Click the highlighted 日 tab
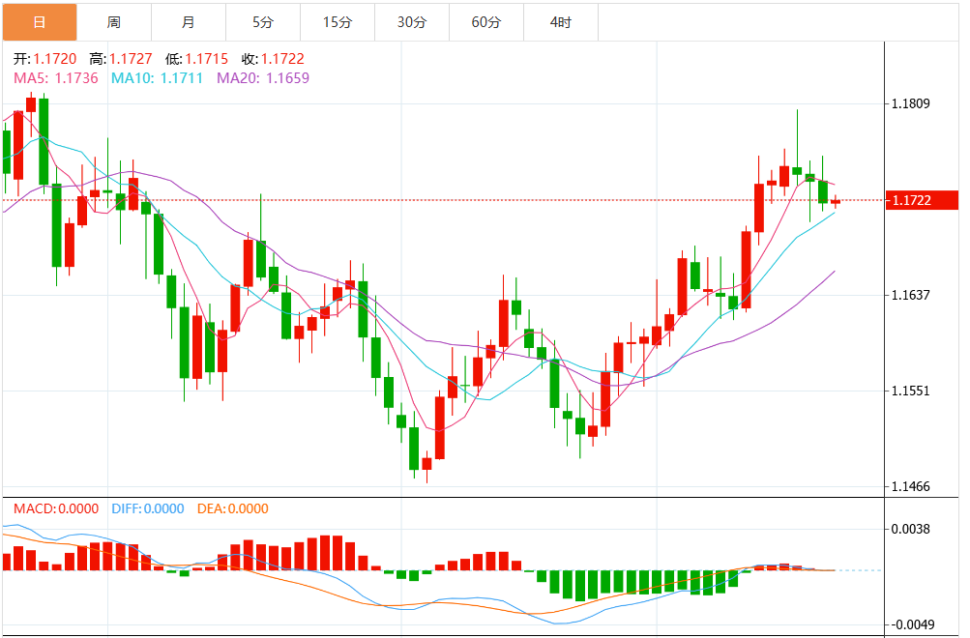[39, 21]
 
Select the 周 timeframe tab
[114, 21]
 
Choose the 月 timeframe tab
[189, 21]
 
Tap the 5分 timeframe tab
[263, 21]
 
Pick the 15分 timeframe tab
[338, 21]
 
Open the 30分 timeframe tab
[412, 21]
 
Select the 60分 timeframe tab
[486, 21]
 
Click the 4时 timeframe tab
[561, 21]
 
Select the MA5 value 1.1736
[77, 77]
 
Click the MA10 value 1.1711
[182, 77]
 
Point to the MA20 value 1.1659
[288, 77]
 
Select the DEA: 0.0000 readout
[232, 508]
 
